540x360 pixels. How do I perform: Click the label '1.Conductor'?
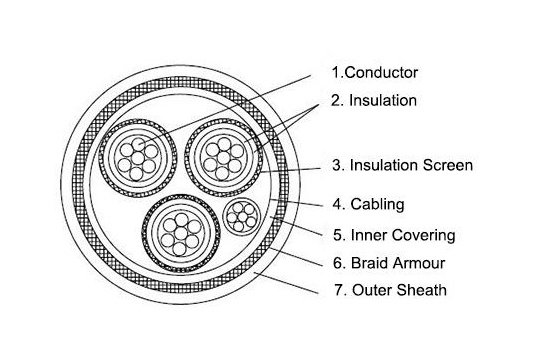click(x=375, y=72)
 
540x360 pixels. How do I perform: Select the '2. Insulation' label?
click(x=374, y=100)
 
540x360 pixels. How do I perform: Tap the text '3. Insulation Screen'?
click(x=402, y=165)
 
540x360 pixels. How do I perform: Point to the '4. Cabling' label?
click(x=368, y=204)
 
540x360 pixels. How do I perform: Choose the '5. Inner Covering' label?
click(x=394, y=235)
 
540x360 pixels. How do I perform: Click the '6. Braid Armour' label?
click(x=389, y=263)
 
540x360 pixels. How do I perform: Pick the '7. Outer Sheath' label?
click(x=391, y=290)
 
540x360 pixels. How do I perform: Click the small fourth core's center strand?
click(x=243, y=217)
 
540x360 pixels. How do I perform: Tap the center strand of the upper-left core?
click(x=138, y=158)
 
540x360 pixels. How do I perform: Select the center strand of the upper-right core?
click(x=224, y=158)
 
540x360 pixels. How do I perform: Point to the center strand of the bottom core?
click(x=181, y=233)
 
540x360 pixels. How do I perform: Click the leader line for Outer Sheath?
click(x=286, y=283)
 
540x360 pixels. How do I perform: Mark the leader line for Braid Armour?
click(x=296, y=257)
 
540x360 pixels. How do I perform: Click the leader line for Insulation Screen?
click(x=291, y=170)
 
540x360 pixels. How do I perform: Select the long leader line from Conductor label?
click(x=225, y=108)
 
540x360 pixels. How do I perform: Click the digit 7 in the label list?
click(x=338, y=290)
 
